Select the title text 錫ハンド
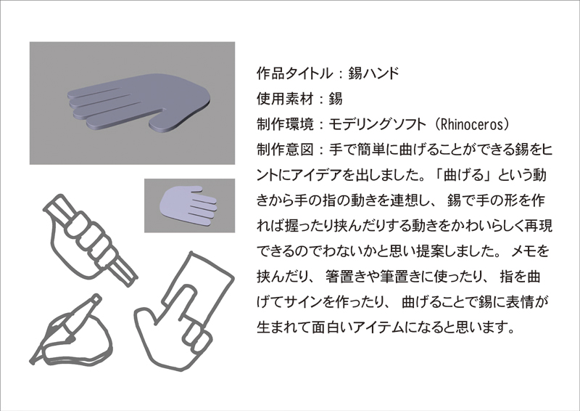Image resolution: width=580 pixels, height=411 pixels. coord(374,73)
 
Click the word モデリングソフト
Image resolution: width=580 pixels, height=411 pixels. coord(377,124)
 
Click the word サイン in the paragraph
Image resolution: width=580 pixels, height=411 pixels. coord(303,302)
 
